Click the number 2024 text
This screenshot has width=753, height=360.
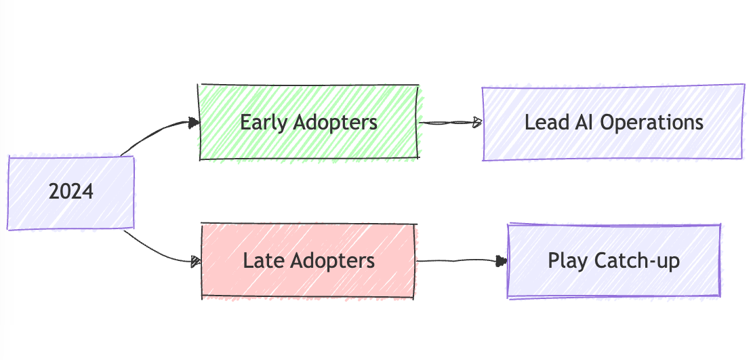pos(70,193)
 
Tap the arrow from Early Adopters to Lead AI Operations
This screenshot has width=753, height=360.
pos(447,123)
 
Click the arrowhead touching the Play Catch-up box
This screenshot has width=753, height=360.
pos(502,260)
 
